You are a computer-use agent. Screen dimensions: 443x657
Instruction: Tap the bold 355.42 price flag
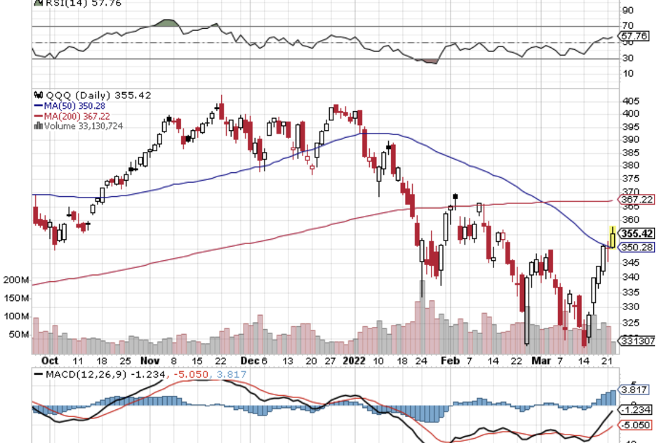(x=638, y=233)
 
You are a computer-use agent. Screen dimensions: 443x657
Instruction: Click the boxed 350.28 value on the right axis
(x=637, y=247)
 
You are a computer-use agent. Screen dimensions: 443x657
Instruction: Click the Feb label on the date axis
(x=450, y=359)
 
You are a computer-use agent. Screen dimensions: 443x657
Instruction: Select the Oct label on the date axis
(x=50, y=359)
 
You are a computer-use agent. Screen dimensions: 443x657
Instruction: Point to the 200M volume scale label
(x=15, y=280)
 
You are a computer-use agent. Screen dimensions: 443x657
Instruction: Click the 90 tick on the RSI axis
(x=628, y=11)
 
